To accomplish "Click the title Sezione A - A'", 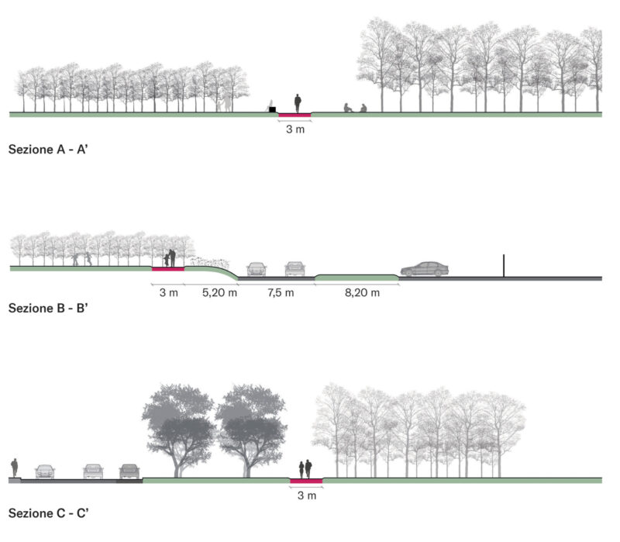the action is click(48, 150).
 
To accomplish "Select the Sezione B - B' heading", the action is click(48, 308).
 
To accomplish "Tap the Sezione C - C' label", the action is click(48, 513).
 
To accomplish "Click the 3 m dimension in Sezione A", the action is click(295, 129).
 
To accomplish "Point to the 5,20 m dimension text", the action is click(219, 293).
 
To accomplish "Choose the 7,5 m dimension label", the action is click(281, 293).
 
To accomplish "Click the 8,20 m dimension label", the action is click(362, 293).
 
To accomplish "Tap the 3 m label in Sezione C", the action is click(307, 495).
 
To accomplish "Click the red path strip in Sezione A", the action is click(295, 115).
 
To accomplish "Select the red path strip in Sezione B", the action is click(168, 269).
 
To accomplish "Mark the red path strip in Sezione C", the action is click(306, 481).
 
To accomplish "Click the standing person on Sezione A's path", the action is click(298, 104).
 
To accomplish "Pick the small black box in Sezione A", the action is click(272, 109).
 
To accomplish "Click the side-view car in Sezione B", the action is click(424, 269).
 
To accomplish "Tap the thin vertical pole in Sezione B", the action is click(504, 266).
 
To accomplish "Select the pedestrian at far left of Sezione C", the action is click(15, 468).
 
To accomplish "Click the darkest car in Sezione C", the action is click(129, 471).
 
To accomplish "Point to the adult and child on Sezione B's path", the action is click(170, 258).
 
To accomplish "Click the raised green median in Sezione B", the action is click(357, 278).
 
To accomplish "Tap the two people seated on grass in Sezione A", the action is click(355, 108).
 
